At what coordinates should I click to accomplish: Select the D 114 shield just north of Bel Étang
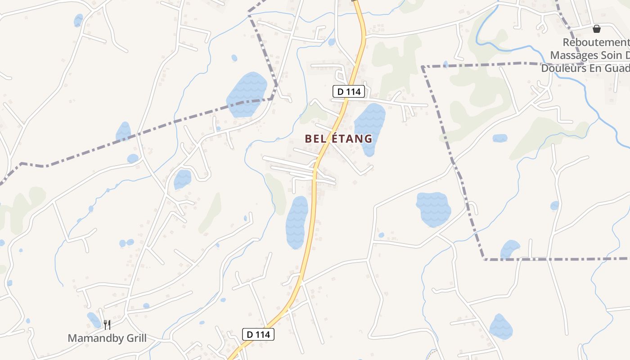point(349,91)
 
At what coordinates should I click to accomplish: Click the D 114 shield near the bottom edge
point(258,334)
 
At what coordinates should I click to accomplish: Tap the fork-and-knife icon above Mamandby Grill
point(107,324)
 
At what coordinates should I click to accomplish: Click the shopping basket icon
point(597,29)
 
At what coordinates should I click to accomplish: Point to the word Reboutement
point(596,43)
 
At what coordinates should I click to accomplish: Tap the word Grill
point(134,338)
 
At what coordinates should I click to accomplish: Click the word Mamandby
point(93,338)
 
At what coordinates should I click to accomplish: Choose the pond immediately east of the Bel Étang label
point(370,128)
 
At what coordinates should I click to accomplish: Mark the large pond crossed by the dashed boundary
point(246,94)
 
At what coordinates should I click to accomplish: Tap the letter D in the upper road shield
point(341,91)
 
